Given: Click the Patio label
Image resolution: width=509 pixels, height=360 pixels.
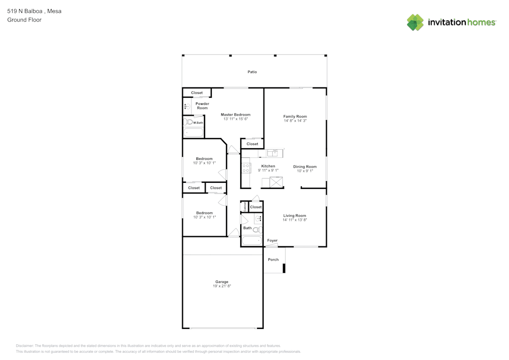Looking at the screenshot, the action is pyautogui.click(x=252, y=72).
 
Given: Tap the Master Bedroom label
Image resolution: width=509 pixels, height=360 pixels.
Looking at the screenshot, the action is pyautogui.click(x=236, y=115).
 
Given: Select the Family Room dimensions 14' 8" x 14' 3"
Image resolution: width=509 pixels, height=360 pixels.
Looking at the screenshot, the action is pyautogui.click(x=295, y=121).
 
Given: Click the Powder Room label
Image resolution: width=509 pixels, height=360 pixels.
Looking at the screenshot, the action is pyautogui.click(x=202, y=106).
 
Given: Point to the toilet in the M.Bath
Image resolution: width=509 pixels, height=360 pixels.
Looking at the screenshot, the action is pyautogui.click(x=188, y=122).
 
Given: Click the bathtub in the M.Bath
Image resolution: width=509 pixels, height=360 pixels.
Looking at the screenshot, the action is pyautogui.click(x=193, y=132).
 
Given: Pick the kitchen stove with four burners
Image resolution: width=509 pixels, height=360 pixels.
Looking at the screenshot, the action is pyautogui.click(x=246, y=168).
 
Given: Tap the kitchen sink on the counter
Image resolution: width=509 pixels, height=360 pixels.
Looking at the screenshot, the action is pyautogui.click(x=272, y=153).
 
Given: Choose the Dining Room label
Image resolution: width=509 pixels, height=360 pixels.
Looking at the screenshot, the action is pyautogui.click(x=305, y=167).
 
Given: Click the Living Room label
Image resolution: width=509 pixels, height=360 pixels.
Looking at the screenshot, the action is pyautogui.click(x=295, y=215).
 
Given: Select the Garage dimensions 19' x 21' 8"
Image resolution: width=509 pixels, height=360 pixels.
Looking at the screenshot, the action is pyautogui.click(x=222, y=286).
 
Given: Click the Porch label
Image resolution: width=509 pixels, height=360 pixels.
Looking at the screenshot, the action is pyautogui.click(x=273, y=260).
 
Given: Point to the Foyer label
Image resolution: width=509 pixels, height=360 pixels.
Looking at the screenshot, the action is pyautogui.click(x=272, y=240).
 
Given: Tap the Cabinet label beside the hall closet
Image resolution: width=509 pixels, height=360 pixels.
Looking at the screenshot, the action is pyautogui.click(x=245, y=206).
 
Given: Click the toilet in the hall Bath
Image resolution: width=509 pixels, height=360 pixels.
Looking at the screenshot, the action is pyautogui.click(x=258, y=230).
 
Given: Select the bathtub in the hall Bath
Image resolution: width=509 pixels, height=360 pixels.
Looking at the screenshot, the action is pyautogui.click(x=252, y=240).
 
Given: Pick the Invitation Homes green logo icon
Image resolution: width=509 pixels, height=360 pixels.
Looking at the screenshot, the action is pyautogui.click(x=415, y=22).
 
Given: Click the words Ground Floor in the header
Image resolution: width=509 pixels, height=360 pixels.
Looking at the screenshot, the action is pyautogui.click(x=24, y=20).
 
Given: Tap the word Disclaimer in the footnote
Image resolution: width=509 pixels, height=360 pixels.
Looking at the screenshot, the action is pyautogui.click(x=24, y=346).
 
